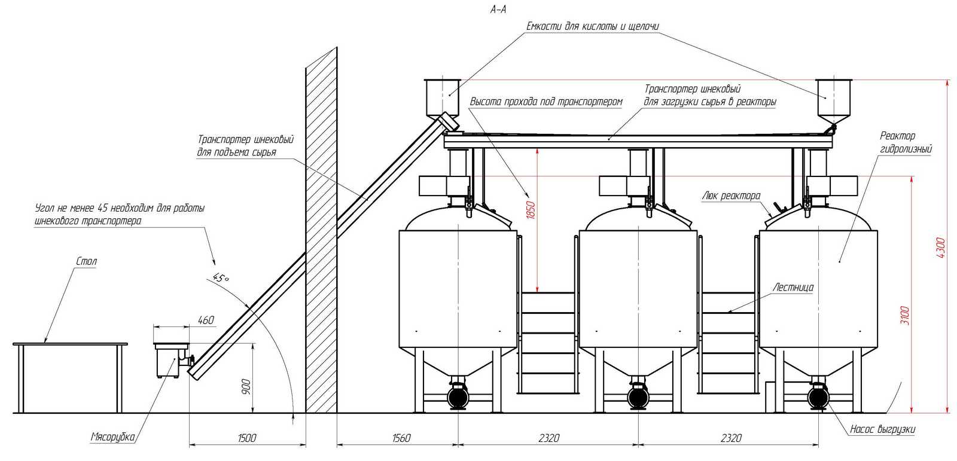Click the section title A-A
(x=498, y=10)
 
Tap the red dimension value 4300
(x=940, y=248)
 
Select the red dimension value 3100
(x=904, y=315)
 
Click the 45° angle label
(x=221, y=277)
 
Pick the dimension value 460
(x=206, y=320)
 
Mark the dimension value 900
(x=246, y=387)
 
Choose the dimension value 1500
(x=247, y=438)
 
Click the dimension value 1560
(x=401, y=438)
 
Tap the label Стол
(x=86, y=261)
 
